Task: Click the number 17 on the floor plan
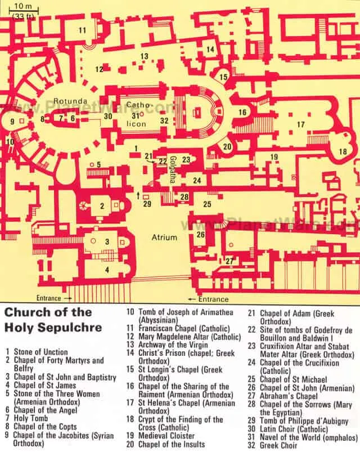pyautogui.click(x=301, y=124)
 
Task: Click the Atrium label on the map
pyautogui.click(x=164, y=238)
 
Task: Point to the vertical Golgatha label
pyautogui.click(x=174, y=167)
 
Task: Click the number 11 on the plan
pyautogui.click(x=83, y=30)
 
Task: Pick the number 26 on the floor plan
pyautogui.click(x=201, y=234)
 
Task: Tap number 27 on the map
pyautogui.click(x=229, y=261)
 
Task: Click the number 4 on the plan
pyautogui.click(x=106, y=270)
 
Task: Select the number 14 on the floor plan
pyautogui.click(x=210, y=50)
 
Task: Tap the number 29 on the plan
pyautogui.click(x=147, y=203)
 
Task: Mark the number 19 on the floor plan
pyautogui.click(x=274, y=156)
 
